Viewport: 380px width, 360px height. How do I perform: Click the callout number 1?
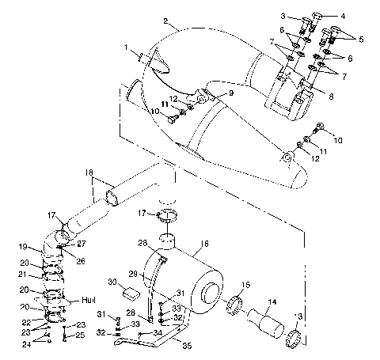[126, 48]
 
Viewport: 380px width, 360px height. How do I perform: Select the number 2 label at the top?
[165, 20]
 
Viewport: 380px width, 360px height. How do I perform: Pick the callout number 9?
[232, 93]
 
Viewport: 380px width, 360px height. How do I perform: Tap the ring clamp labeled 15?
[235, 304]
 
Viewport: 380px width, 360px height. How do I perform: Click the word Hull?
[89, 301]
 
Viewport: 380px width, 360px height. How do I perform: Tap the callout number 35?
[187, 346]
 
